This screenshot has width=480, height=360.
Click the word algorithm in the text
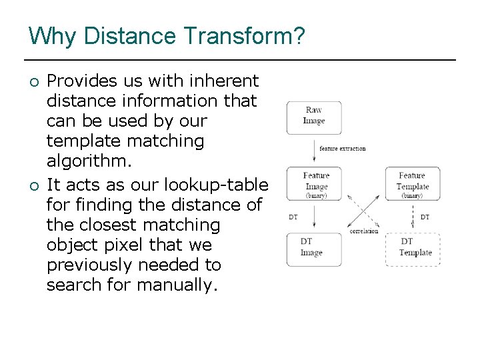coord(87,162)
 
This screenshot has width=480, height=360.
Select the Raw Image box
coord(313,117)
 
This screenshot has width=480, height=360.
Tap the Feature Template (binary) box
coord(412,183)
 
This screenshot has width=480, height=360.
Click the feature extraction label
coord(342,149)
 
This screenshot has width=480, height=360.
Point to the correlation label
coord(363,231)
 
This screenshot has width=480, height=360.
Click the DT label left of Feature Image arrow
coord(293,217)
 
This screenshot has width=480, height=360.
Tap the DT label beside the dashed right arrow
coord(425,217)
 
